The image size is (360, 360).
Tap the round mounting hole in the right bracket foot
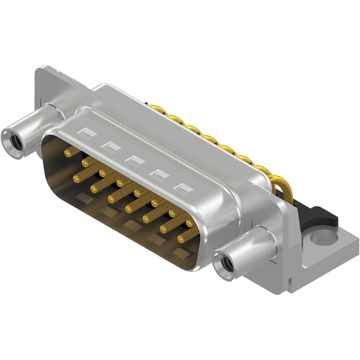tap(324, 236)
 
